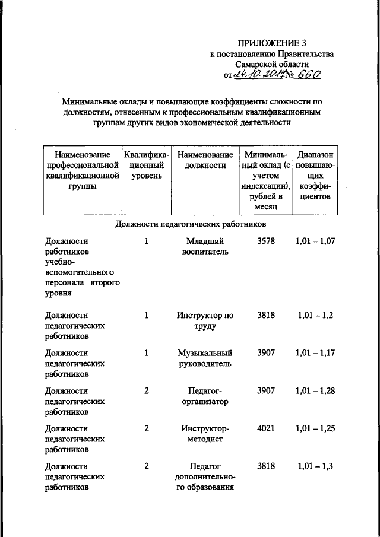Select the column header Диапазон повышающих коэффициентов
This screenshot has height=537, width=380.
tap(315, 176)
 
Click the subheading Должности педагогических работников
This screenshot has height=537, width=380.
tap(190, 224)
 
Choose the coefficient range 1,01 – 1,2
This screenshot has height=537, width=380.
tap(314, 316)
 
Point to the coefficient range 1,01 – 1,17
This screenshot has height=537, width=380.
tap(315, 353)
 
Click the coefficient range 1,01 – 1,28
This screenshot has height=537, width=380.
tap(315, 391)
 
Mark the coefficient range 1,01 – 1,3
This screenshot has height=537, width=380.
tap(314, 466)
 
